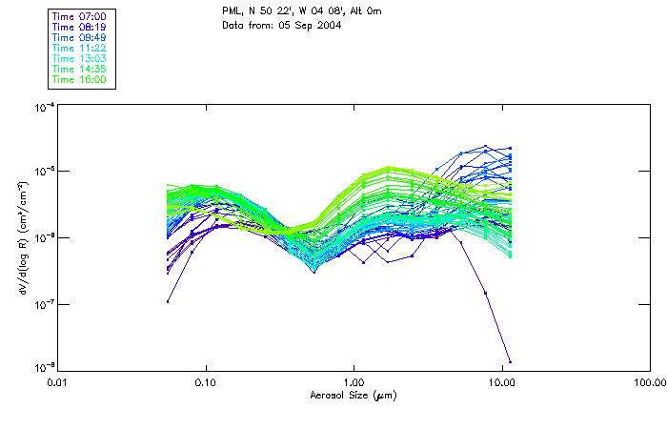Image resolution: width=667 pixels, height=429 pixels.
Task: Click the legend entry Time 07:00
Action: coord(79,17)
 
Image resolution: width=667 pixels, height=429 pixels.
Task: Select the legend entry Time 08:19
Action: coord(79,28)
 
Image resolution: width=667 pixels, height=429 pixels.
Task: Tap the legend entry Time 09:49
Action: coord(79,38)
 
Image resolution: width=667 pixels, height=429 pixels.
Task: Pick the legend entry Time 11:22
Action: coord(79,49)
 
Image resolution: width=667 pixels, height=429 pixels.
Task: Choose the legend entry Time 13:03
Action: coord(79,59)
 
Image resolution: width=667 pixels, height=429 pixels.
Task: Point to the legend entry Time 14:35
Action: coord(79,70)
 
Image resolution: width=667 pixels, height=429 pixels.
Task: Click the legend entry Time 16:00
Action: coord(79,80)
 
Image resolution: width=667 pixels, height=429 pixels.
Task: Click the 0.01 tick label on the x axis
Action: coord(59,381)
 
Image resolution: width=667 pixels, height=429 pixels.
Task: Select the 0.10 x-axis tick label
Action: coord(207,381)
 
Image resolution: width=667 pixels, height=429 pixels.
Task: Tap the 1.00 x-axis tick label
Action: coord(354,381)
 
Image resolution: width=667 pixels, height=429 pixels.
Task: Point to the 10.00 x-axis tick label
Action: coord(501,381)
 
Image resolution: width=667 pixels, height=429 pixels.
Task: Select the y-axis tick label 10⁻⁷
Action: coord(43,304)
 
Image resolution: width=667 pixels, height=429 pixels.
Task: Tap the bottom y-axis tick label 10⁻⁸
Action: coord(43,369)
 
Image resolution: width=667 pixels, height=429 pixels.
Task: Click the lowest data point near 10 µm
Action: coord(510,362)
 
